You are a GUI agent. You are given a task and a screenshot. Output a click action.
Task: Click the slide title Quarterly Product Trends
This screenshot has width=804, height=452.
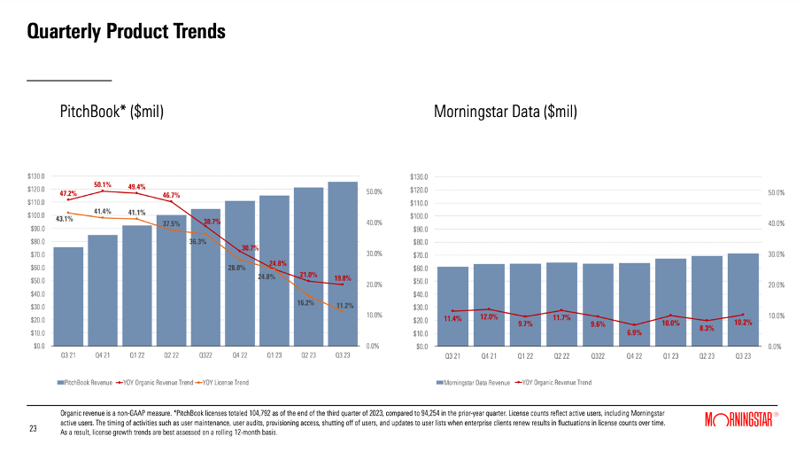(126, 32)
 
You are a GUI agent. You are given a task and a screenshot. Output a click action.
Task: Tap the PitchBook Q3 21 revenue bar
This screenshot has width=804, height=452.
(68, 296)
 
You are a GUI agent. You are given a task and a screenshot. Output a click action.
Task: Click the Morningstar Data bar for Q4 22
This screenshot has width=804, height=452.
(634, 304)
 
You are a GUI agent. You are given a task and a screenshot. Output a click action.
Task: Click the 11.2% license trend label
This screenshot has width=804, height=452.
(344, 306)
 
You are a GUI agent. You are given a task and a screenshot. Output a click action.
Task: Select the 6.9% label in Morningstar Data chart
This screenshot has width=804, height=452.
(634, 332)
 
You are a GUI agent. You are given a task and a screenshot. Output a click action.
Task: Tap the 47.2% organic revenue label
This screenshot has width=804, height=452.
(68, 192)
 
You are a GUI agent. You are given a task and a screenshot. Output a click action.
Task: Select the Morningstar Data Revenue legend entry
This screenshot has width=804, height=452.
(475, 383)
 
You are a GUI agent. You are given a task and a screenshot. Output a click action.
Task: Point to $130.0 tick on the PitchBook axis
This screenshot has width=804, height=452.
(36, 176)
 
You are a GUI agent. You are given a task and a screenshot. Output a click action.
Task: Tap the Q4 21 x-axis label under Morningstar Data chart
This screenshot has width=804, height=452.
(488, 355)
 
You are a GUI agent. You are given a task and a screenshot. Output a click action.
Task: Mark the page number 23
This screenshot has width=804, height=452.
(33, 429)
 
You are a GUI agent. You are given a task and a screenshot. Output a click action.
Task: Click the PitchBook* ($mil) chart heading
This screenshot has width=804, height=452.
(112, 112)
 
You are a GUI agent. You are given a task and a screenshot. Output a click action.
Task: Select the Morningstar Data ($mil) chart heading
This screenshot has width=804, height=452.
(506, 112)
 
